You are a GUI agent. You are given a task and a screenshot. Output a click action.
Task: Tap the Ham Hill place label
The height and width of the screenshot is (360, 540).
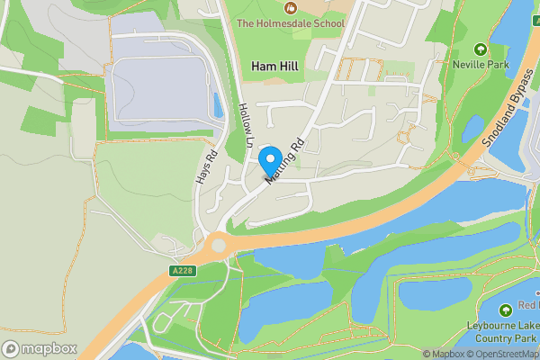click(275, 67)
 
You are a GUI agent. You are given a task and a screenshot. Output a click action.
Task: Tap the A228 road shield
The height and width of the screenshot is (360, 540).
click(182, 270)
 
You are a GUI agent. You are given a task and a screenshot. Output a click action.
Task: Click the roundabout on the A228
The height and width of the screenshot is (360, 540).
click(217, 245)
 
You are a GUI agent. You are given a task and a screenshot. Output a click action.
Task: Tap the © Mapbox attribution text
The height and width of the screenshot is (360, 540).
click(443, 354)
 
